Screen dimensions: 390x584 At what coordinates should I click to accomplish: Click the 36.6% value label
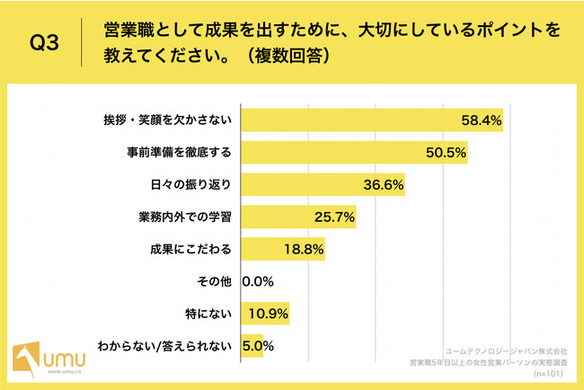pyautogui.click(x=383, y=185)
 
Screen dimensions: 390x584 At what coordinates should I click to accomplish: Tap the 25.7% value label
pyautogui.click(x=334, y=217)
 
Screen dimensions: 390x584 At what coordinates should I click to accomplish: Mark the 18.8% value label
pyautogui.click(x=303, y=250)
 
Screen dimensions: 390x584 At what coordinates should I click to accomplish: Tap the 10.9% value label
pyautogui.click(x=268, y=314)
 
